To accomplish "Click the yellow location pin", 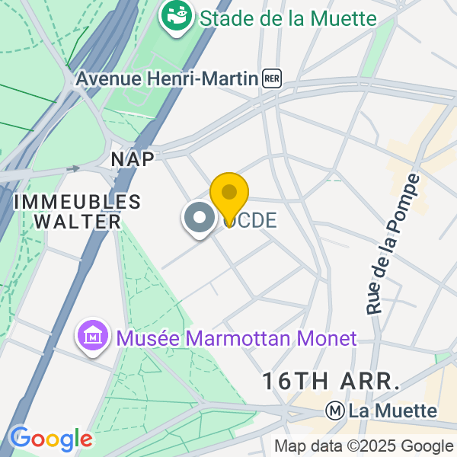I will pos(228,195).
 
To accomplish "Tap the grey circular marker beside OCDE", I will pos(200,219).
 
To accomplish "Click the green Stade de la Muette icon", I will pos(177,18).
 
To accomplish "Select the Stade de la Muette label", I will pos(288,18).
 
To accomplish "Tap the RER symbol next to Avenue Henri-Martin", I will pos(272,78).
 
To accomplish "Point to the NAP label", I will pos(133,159).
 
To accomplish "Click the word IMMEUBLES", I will pos(78,202).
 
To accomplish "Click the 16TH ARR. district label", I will pos(331,380).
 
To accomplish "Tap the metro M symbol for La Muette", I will pos(333,411).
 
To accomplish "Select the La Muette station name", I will pos(393,411).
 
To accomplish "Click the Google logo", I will pos(51,439).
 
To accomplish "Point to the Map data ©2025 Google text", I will pos(363,446).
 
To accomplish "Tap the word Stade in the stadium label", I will pos(224,18).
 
